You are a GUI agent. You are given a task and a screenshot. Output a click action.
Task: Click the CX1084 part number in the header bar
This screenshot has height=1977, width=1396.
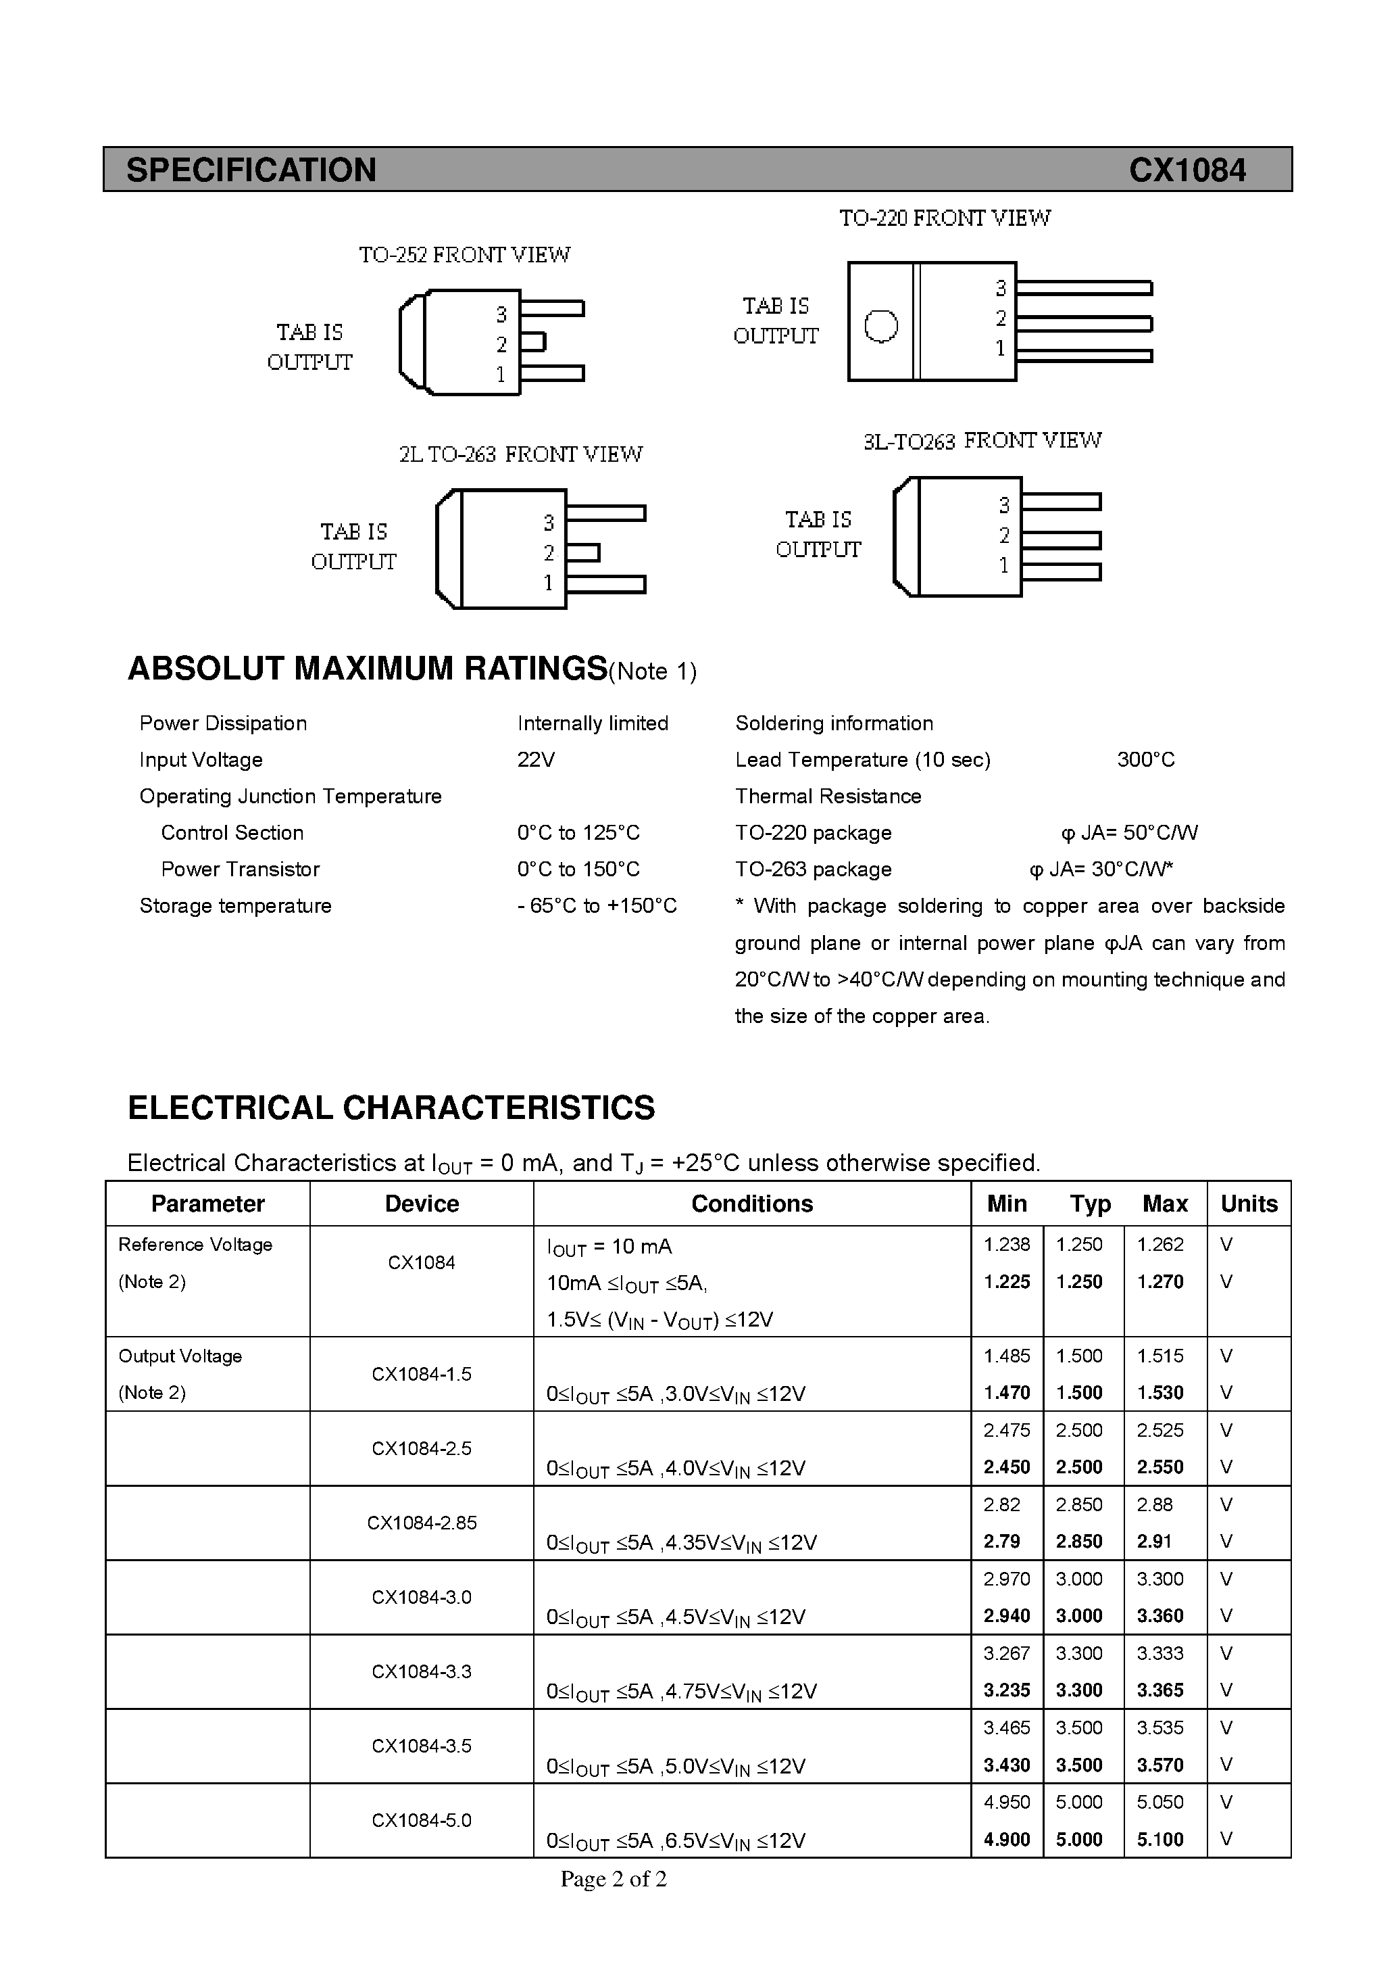pyautogui.click(x=1187, y=170)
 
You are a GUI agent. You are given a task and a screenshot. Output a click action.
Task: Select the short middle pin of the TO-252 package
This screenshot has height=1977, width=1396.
pyautogui.click(x=532, y=342)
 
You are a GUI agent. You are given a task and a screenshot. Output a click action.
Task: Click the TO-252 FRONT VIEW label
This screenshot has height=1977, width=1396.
pyautogui.click(x=464, y=255)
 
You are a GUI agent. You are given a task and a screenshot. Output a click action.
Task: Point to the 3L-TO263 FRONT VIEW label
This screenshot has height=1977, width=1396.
pyautogui.click(x=982, y=441)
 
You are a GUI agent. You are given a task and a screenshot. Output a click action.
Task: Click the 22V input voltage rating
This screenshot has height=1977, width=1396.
pyautogui.click(x=537, y=759)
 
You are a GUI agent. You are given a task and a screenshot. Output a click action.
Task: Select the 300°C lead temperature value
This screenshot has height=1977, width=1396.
pyautogui.click(x=1145, y=759)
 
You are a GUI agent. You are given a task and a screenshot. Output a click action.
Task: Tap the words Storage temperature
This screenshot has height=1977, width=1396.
pyautogui.click(x=235, y=906)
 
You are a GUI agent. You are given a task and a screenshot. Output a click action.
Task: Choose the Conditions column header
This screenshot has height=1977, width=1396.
pyautogui.click(x=751, y=1204)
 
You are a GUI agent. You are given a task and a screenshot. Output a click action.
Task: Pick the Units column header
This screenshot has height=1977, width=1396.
pyautogui.click(x=1249, y=1204)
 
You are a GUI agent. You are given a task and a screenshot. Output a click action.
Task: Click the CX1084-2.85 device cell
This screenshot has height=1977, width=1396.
pyautogui.click(x=422, y=1523)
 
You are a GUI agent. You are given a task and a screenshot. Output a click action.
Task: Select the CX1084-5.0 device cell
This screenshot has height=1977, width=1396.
pyautogui.click(x=422, y=1820)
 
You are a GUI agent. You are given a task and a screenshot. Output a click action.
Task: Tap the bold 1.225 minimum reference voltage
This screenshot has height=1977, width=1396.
pyautogui.click(x=1007, y=1281)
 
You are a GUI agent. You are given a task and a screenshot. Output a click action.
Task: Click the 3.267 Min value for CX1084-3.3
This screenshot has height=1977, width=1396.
pyautogui.click(x=1007, y=1653)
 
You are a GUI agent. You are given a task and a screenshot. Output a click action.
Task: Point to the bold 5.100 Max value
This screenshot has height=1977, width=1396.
pyautogui.click(x=1160, y=1839)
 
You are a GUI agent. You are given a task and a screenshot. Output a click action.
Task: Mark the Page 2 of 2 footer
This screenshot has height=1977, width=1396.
pyautogui.click(x=614, y=1879)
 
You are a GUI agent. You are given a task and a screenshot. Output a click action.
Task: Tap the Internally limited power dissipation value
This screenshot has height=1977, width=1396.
pyautogui.click(x=593, y=723)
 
